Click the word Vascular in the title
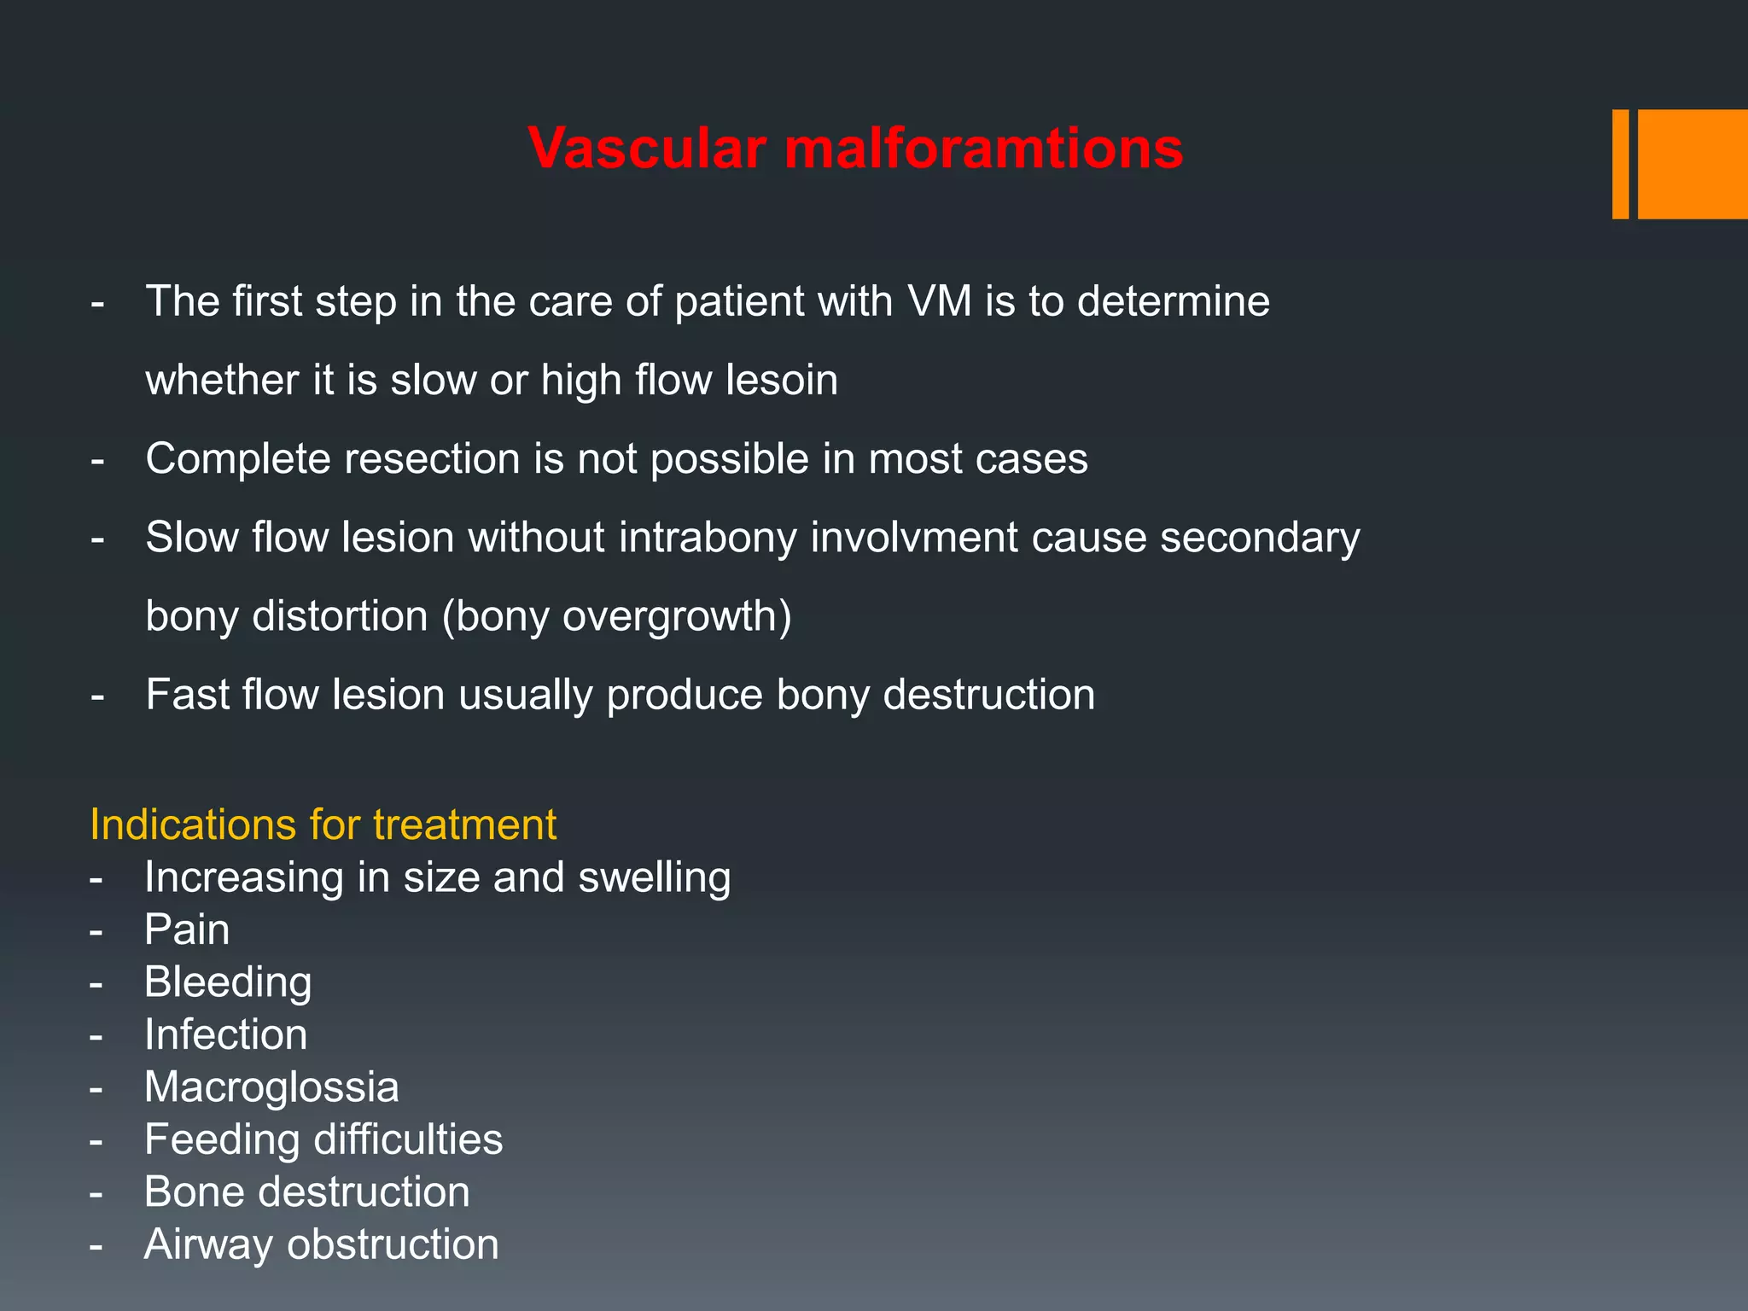tap(647, 149)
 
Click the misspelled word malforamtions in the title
tap(983, 149)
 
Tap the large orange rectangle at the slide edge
tap(1692, 164)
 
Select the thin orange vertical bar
tap(1620, 164)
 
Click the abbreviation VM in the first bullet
tap(940, 301)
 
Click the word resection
tap(432, 459)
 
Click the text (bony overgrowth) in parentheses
tap(616, 616)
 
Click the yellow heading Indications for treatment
tap(323, 825)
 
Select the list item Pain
tap(187, 929)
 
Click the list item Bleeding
tap(228, 982)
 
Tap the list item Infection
tap(225, 1034)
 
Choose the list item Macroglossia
tap(271, 1087)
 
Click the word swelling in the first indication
tap(654, 877)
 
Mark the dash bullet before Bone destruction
tap(96, 1193)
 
